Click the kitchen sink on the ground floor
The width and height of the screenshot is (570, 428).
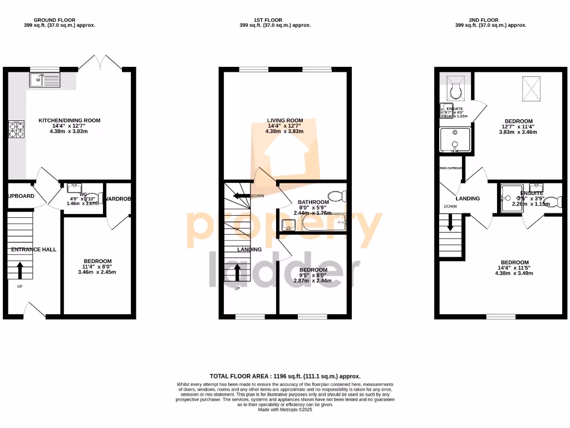[45, 80]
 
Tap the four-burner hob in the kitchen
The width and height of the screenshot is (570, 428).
[16, 130]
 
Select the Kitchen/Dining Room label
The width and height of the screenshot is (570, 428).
[69, 120]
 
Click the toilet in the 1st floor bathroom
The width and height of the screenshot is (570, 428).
[337, 196]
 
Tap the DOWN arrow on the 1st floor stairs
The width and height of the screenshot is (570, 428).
[241, 196]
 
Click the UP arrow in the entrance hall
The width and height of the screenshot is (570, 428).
[20, 271]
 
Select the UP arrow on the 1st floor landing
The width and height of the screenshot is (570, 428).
[238, 273]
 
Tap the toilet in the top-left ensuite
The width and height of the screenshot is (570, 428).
[455, 90]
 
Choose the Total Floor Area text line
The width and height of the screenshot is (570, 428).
[285, 376]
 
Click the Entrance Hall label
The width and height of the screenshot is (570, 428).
[34, 250]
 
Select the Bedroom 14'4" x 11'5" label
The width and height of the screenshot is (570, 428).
[514, 262]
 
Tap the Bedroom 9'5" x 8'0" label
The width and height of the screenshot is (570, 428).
[313, 270]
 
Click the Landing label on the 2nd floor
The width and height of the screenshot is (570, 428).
[468, 198]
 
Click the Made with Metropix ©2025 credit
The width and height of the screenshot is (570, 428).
[285, 410]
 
